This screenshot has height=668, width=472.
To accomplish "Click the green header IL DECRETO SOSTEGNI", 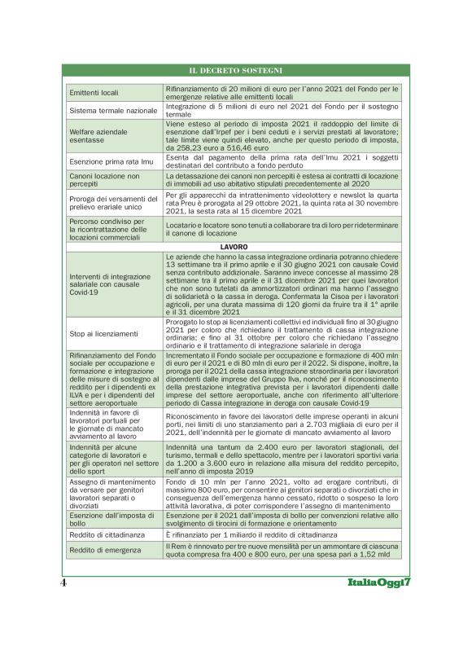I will tap(235, 71).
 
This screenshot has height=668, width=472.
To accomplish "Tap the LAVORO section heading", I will tap(235, 245).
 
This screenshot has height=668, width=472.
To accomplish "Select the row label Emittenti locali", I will tap(94, 93).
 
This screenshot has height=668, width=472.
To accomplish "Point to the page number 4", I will tap(63, 584).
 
